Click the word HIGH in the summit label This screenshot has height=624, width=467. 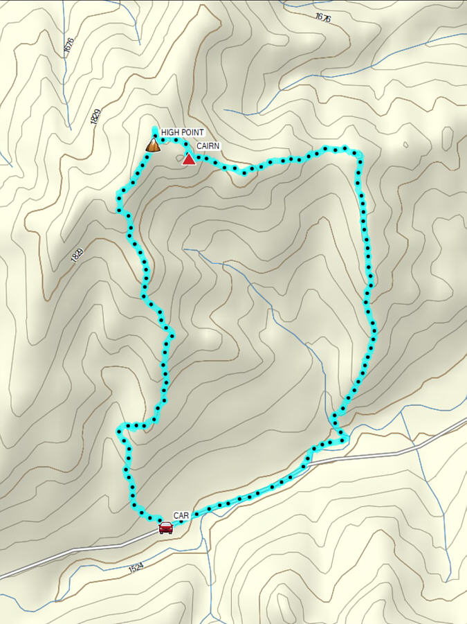pyautogui.click(x=170, y=132)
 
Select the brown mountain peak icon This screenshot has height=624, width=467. pyautogui.click(x=153, y=145)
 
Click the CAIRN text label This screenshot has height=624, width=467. pyautogui.click(x=208, y=147)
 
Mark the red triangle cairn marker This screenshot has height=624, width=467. pyautogui.click(x=188, y=159)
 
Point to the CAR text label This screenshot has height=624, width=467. pyautogui.click(x=181, y=516)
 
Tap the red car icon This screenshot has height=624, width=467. pyautogui.click(x=165, y=528)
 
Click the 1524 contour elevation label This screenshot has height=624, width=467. pyautogui.click(x=136, y=568)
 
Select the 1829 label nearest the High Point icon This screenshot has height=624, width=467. pyautogui.click(x=95, y=116)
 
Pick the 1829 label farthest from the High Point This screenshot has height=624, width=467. pyautogui.click(x=77, y=255)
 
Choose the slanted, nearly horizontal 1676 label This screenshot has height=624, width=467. pyautogui.click(x=322, y=17)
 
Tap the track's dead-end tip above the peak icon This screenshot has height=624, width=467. pyautogui.click(x=154, y=129)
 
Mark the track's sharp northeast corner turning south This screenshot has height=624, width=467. pyautogui.click(x=358, y=153)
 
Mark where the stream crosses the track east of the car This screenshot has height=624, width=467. pyautogui.click(x=201, y=513)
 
